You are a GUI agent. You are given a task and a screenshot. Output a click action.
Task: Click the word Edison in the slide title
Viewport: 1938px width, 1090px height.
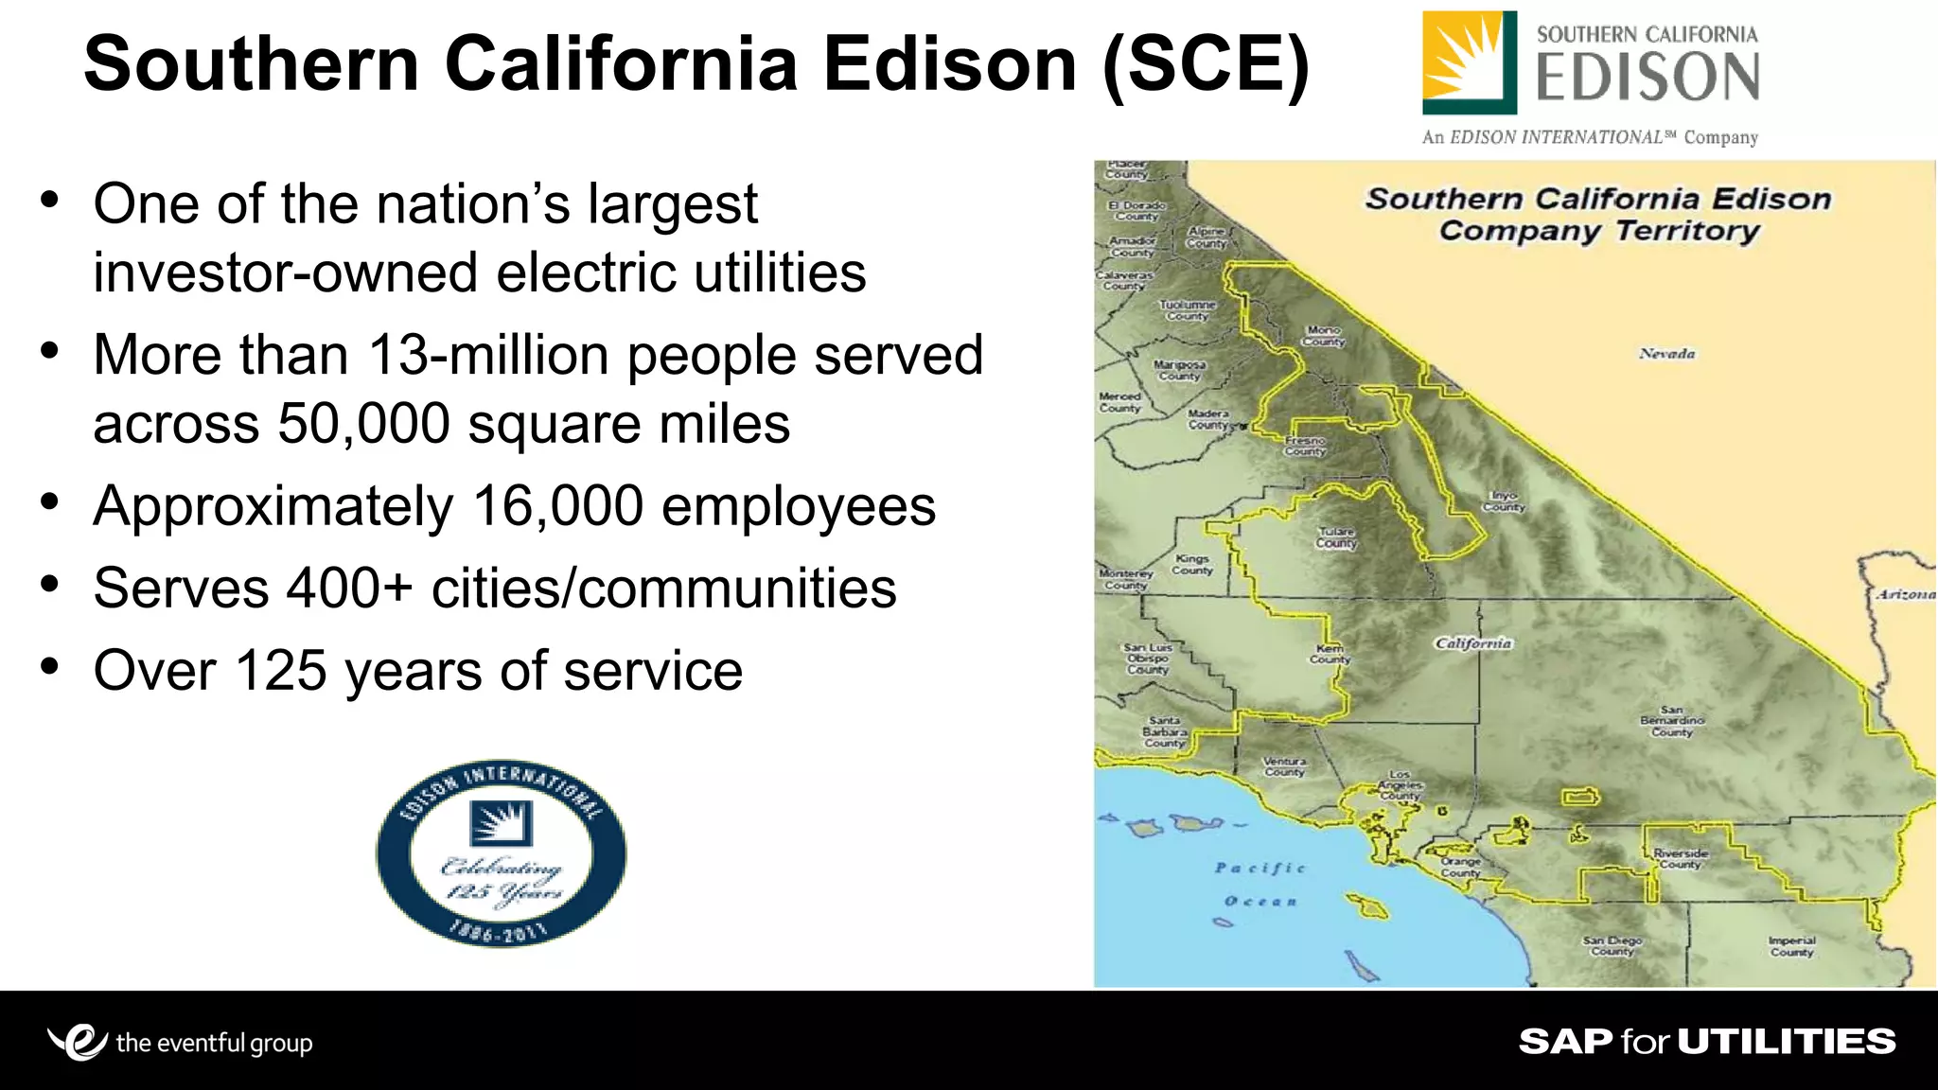click(949, 64)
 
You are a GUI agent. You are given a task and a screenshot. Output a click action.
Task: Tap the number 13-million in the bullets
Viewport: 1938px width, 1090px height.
click(488, 355)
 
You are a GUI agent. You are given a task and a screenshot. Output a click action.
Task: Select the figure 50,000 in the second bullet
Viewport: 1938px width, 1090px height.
click(364, 424)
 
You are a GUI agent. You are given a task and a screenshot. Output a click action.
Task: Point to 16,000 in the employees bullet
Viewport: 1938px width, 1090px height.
click(558, 506)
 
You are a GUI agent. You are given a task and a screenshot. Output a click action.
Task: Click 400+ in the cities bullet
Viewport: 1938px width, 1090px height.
click(349, 589)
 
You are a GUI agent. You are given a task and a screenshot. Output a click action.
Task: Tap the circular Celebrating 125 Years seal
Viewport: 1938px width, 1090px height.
click(501, 853)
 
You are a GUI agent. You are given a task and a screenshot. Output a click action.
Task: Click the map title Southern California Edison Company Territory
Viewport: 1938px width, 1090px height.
click(1598, 215)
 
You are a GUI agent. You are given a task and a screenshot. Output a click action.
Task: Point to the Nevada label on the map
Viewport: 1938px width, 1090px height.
click(1667, 354)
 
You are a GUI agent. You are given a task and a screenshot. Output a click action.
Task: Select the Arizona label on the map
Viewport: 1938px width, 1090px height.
click(1906, 594)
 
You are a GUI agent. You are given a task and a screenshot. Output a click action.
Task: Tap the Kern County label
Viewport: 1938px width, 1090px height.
click(1330, 654)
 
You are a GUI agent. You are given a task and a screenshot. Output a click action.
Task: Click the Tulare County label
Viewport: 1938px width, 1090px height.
click(1336, 537)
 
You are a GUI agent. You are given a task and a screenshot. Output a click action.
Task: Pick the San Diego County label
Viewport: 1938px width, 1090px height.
click(1612, 945)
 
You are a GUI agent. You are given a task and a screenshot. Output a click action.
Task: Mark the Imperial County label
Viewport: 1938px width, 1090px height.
click(1791, 945)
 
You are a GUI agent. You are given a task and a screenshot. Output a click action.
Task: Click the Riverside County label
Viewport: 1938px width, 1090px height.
click(1681, 858)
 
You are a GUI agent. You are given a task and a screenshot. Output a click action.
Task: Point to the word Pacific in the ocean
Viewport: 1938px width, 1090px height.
click(1260, 868)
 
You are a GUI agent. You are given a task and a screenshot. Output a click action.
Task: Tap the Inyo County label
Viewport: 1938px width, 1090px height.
click(1504, 501)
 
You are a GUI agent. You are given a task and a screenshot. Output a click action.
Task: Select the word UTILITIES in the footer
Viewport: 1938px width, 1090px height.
click(1787, 1042)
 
